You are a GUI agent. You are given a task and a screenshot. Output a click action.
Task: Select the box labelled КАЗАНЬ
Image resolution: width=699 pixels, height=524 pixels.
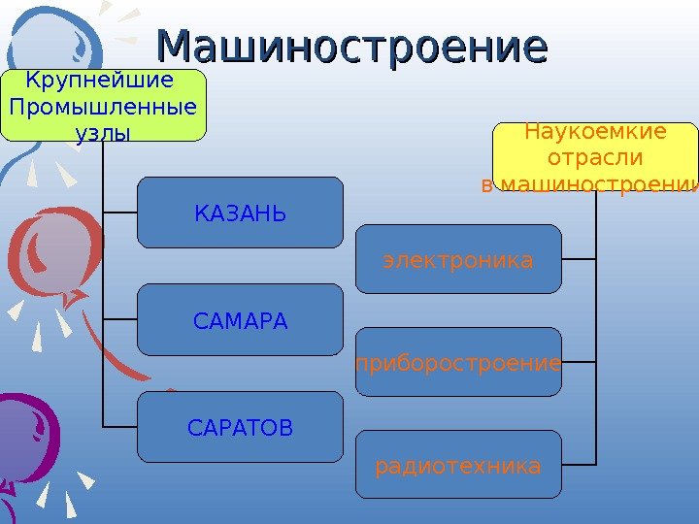click(x=240, y=213)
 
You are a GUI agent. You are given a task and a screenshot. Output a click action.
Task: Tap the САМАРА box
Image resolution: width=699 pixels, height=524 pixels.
click(x=240, y=320)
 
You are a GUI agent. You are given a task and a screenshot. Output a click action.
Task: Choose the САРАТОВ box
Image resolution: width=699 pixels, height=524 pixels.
click(x=240, y=427)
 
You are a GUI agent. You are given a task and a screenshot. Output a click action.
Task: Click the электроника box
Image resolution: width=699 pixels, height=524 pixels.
click(x=458, y=260)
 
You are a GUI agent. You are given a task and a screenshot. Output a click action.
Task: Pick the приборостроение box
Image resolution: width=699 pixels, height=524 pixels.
click(x=458, y=363)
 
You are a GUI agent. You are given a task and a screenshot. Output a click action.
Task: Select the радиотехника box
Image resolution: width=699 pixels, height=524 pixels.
click(x=458, y=466)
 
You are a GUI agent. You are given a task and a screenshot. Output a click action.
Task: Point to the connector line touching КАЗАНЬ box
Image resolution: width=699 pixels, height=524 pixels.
click(x=119, y=213)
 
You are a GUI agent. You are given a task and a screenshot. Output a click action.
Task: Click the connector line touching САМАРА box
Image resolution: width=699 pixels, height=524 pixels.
click(x=119, y=320)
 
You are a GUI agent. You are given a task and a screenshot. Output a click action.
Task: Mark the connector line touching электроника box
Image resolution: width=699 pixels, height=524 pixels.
click(x=580, y=260)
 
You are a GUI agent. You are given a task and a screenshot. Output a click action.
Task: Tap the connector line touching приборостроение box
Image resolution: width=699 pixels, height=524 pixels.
click(x=580, y=363)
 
